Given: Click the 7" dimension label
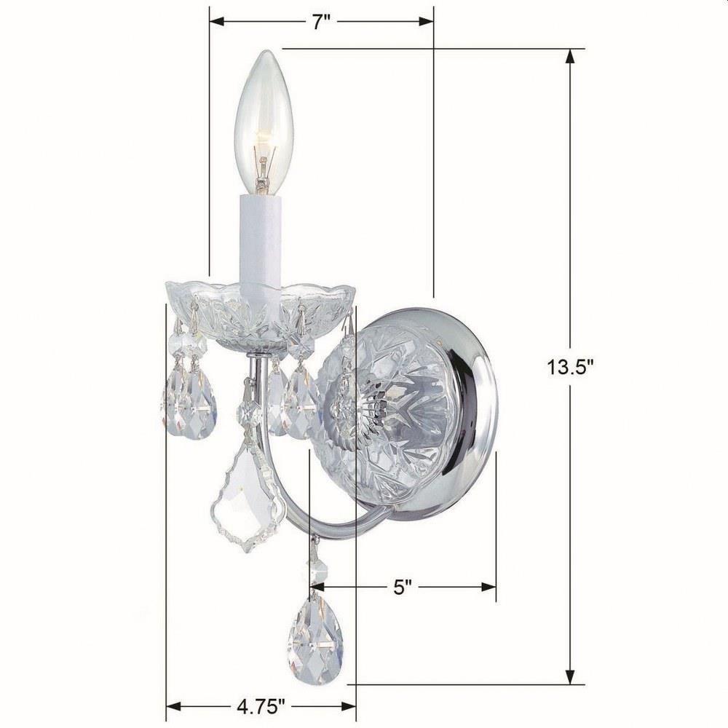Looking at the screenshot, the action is [321, 21].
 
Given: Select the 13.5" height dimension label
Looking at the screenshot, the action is [571, 367].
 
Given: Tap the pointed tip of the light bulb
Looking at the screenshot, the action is [264, 50].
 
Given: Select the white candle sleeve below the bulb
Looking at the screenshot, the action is [261, 246].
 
